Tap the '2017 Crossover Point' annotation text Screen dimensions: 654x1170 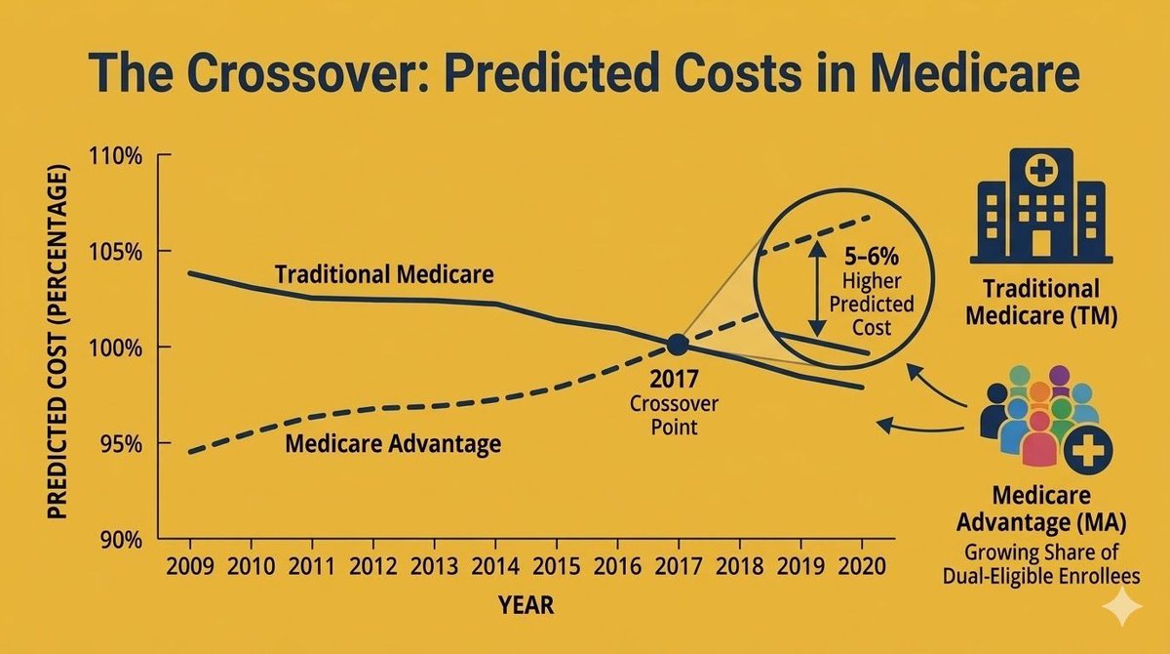tap(674, 401)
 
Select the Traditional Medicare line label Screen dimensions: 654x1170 tap(384, 274)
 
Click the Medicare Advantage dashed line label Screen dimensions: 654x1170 tap(393, 445)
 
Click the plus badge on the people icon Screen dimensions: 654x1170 tap(1088, 452)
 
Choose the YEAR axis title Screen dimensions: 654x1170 tap(526, 605)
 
